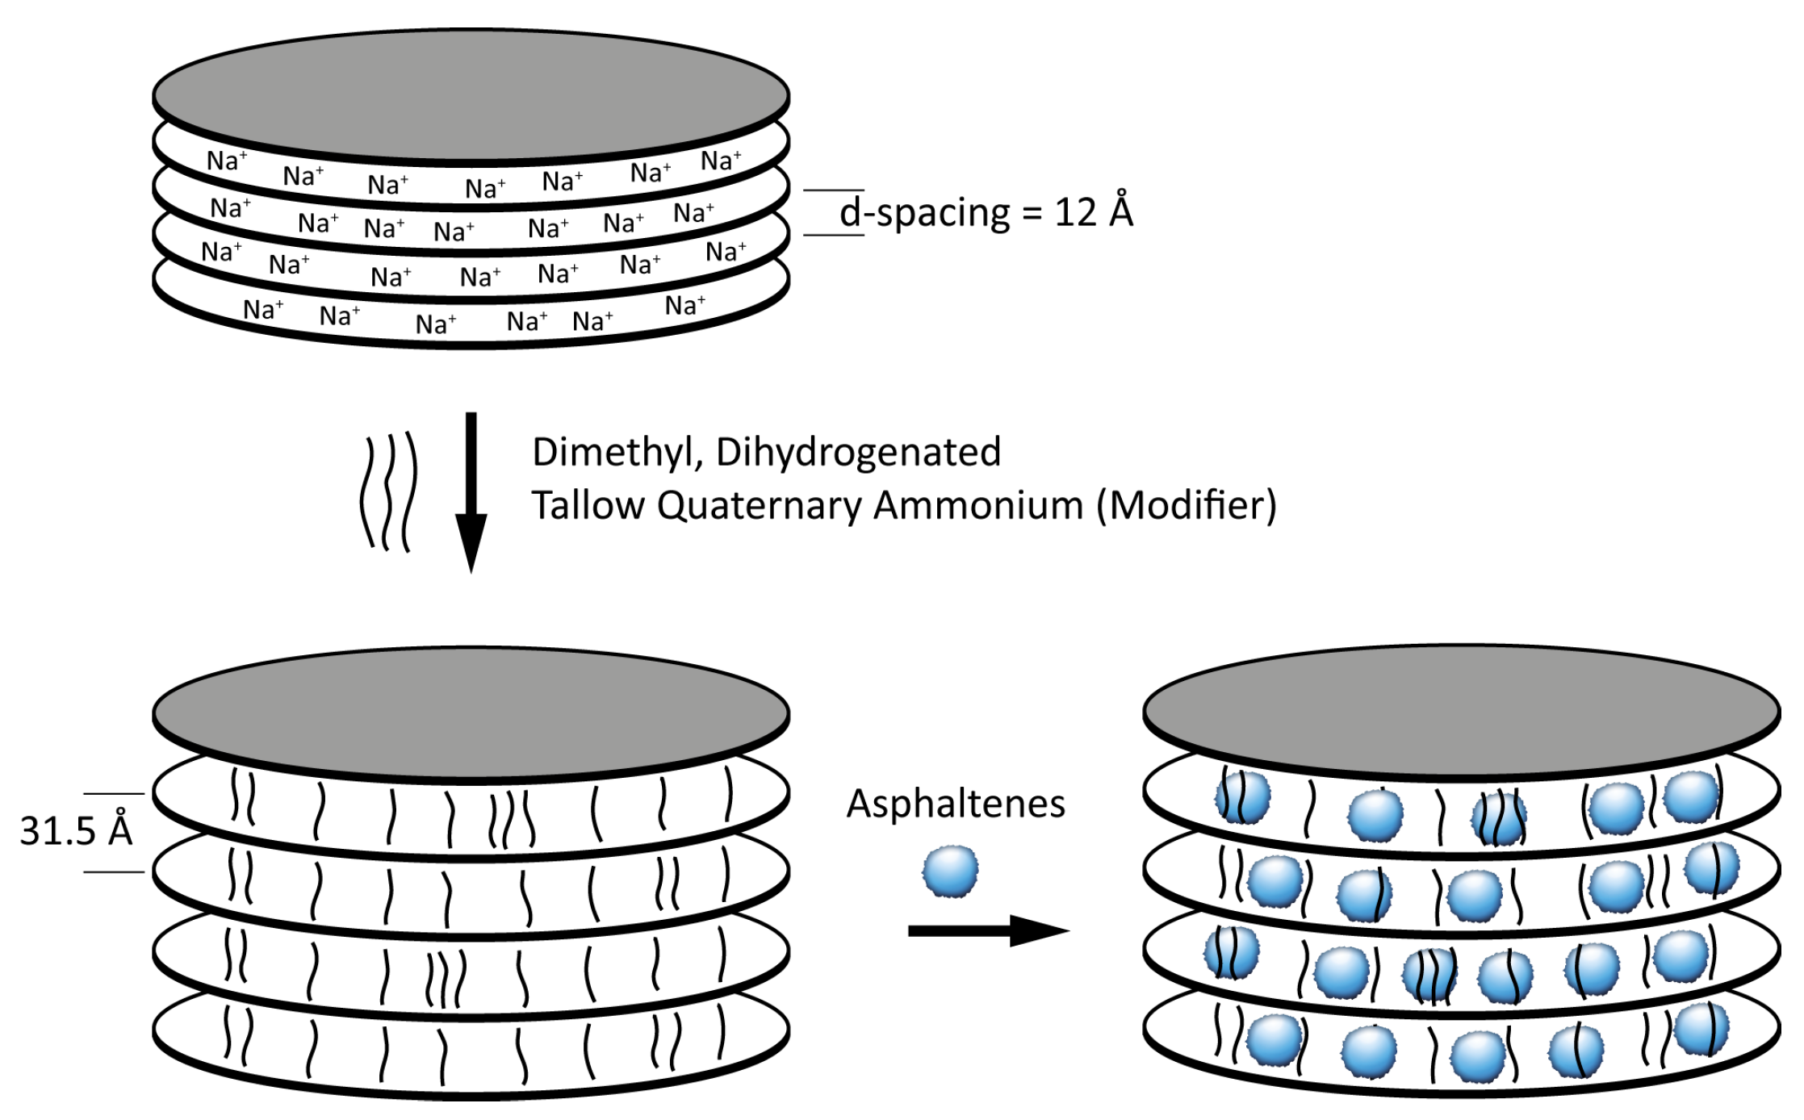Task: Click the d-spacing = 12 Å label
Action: [x=986, y=213]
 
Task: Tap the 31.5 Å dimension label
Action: [x=76, y=830]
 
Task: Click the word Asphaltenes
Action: [x=956, y=804]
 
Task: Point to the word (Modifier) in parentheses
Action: [x=1186, y=507]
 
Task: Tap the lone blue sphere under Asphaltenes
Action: [x=951, y=871]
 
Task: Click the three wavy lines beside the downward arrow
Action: [x=389, y=492]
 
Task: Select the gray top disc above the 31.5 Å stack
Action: [x=471, y=713]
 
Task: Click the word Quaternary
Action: [x=763, y=507]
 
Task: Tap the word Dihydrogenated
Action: [x=858, y=453]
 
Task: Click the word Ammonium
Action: [x=978, y=507]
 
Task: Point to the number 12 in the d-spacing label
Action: [x=1075, y=213]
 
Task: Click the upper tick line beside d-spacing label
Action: [x=833, y=190]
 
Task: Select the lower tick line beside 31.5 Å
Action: [x=114, y=872]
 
